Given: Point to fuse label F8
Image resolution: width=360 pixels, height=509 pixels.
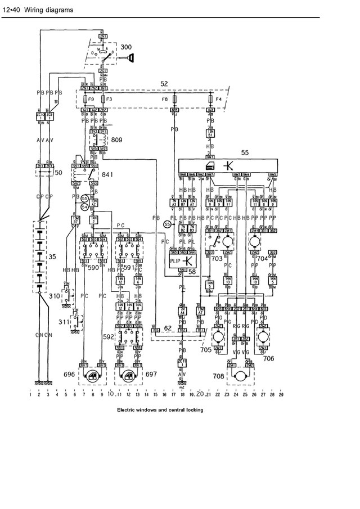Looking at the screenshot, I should [165, 98].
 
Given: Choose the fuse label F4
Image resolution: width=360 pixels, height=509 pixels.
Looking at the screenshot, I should [220, 98].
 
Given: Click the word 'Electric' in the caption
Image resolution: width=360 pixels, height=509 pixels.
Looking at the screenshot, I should [127, 410].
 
